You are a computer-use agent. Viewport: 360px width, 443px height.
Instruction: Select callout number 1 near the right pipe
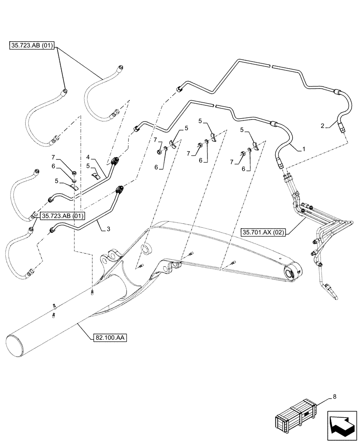[x=304, y=150]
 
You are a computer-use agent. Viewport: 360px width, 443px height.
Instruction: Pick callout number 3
[x=103, y=229]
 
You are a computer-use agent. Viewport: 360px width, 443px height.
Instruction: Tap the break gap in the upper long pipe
[x=271, y=66]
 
